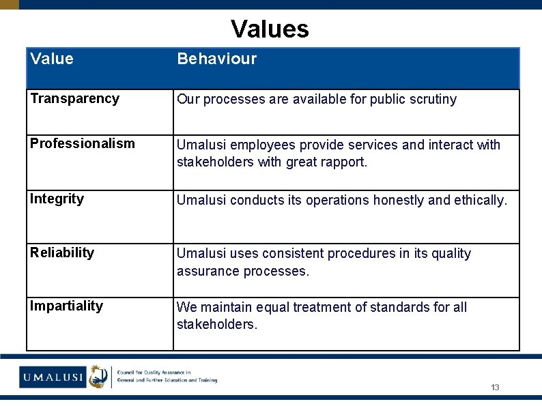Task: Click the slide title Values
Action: tap(270, 29)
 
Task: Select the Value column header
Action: tap(52, 59)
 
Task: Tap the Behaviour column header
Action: tap(216, 59)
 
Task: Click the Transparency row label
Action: tap(74, 98)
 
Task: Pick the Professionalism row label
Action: tap(83, 143)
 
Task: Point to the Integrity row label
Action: tap(57, 199)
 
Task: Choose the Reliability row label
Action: tap(62, 252)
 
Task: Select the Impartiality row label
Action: tap(66, 306)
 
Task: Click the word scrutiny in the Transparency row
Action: tap(431, 99)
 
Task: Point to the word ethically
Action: tap(481, 200)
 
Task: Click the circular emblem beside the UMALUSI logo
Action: tap(98, 376)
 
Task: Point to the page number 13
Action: tap(495, 388)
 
